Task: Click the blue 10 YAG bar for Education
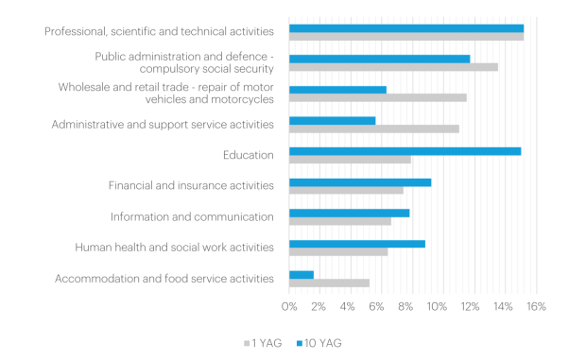[405, 151]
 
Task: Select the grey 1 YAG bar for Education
[350, 160]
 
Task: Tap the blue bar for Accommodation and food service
[302, 275]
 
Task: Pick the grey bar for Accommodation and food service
[329, 283]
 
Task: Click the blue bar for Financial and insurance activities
[360, 182]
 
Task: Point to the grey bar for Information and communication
[340, 221]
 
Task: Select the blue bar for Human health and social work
[357, 244]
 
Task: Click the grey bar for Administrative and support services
[374, 129]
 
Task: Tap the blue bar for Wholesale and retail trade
[337, 90]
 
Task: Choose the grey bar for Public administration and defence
[393, 67]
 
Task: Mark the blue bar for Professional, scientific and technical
[406, 28]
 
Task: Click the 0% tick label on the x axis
[289, 306]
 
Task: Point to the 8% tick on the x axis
[405, 306]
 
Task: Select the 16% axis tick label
[536, 306]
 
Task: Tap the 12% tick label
[470, 306]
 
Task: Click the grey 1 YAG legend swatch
[247, 343]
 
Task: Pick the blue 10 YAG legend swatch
[300, 343]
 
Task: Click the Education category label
[249, 155]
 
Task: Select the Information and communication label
[192, 217]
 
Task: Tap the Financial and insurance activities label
[191, 185]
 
